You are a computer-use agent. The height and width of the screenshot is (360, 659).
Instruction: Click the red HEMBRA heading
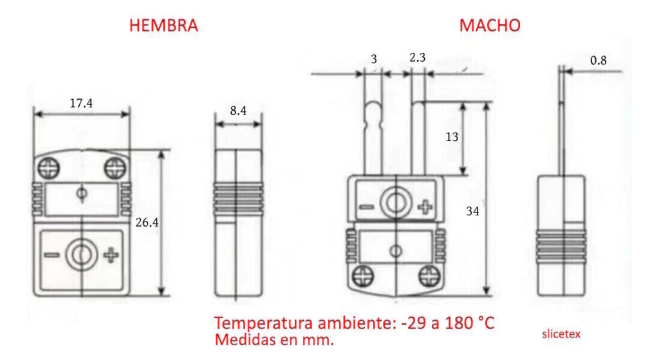tap(163, 26)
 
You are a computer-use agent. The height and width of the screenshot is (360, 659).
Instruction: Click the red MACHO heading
tap(490, 26)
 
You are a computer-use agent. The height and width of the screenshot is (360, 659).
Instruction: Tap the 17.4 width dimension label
tap(81, 103)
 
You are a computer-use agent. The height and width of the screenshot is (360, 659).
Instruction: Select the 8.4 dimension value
tap(238, 111)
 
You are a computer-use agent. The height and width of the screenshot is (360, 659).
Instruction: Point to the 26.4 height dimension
tap(147, 222)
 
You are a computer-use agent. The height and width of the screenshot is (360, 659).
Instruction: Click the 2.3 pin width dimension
tap(417, 57)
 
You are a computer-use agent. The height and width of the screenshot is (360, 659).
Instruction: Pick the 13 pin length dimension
tap(452, 137)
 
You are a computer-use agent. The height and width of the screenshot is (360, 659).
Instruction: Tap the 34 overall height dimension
tap(472, 211)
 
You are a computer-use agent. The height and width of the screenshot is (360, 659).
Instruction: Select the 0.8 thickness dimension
tap(598, 61)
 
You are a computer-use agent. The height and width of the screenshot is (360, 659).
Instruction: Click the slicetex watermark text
tap(561, 334)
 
